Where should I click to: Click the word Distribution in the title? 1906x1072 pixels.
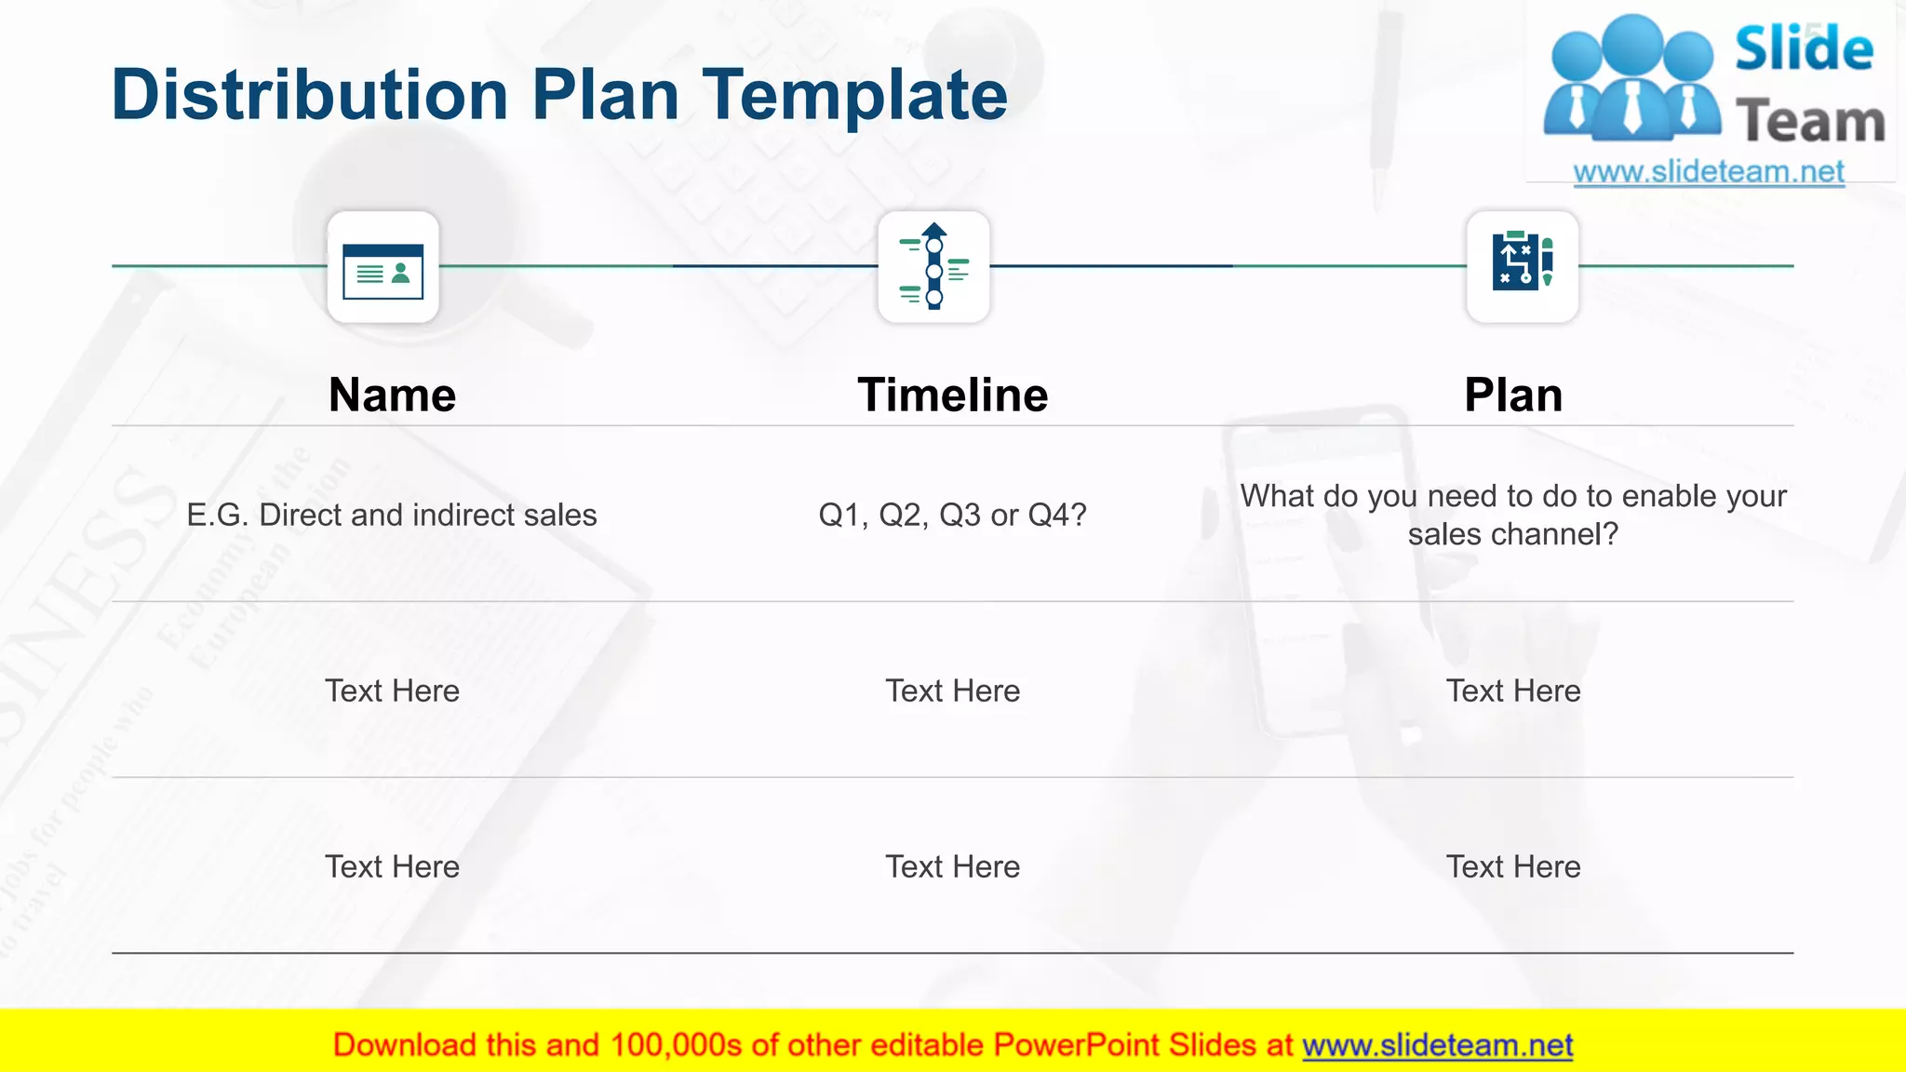(x=309, y=95)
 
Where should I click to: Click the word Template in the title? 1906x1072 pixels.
(x=853, y=95)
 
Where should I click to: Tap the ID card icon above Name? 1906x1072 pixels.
(x=383, y=268)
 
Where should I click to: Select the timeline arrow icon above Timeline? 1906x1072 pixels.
(x=933, y=268)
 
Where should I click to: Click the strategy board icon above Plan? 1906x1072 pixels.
(x=1522, y=266)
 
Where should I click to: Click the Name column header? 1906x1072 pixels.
(x=392, y=395)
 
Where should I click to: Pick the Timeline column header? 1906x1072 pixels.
(x=952, y=395)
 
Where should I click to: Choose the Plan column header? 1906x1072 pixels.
(x=1512, y=395)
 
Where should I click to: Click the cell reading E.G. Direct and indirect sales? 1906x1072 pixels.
(x=392, y=515)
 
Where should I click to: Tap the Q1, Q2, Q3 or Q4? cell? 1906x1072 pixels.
(x=952, y=515)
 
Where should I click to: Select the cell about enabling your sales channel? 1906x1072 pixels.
(x=1512, y=515)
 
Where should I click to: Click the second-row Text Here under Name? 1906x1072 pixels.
(x=392, y=690)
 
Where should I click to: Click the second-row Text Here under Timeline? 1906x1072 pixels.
(x=952, y=690)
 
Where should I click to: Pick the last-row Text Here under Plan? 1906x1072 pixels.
(x=1512, y=866)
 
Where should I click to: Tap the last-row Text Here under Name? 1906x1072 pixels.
(x=392, y=866)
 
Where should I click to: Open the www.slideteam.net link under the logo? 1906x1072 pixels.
(x=1708, y=171)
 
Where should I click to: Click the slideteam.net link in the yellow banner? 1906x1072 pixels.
(x=1437, y=1045)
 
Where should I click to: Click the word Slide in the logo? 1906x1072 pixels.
(x=1803, y=48)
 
